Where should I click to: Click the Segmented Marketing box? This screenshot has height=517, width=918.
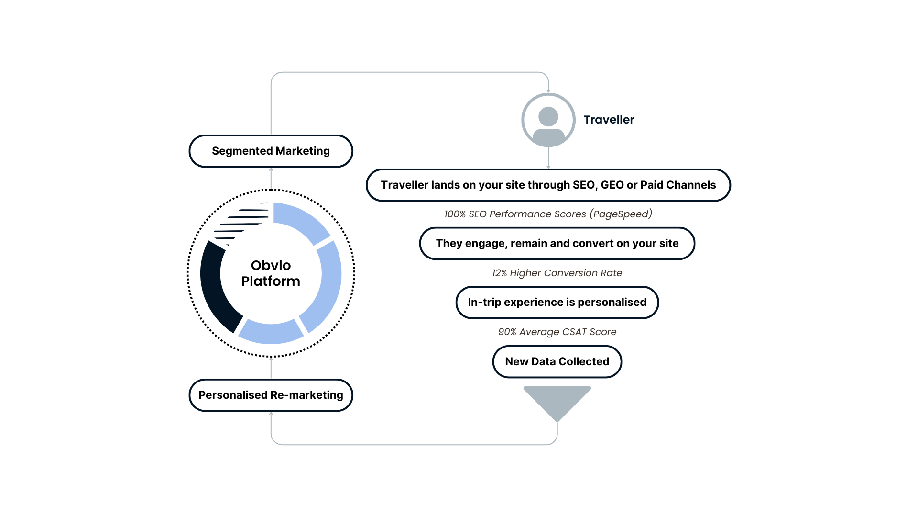(x=271, y=151)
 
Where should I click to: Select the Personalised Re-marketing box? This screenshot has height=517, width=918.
(x=271, y=395)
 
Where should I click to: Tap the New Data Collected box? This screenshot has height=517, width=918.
(x=557, y=362)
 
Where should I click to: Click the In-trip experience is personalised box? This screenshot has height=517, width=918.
(x=557, y=303)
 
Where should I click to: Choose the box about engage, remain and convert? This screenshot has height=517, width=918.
(x=557, y=244)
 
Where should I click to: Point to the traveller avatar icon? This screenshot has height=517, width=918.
(x=548, y=120)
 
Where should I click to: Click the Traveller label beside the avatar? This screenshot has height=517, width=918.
(x=609, y=120)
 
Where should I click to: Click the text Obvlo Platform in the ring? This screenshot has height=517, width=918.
(x=271, y=273)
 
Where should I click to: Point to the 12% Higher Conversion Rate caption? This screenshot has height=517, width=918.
(x=557, y=273)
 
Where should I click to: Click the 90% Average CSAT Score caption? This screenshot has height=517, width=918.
(x=557, y=332)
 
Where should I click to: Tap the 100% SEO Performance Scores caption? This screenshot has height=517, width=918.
(x=548, y=214)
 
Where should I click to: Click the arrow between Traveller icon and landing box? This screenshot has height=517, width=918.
(x=548, y=158)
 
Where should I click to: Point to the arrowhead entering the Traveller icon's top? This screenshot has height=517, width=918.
(x=548, y=90)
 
